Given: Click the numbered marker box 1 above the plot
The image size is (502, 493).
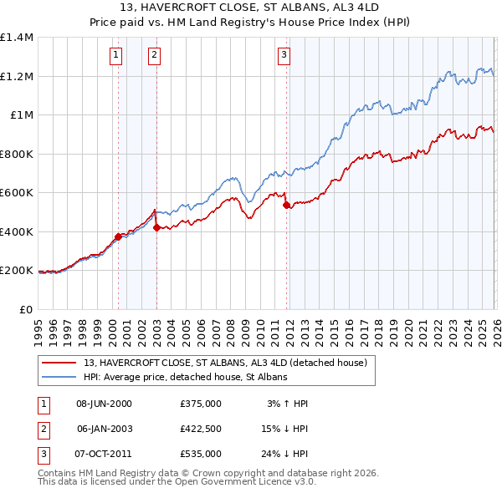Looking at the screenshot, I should (115, 55).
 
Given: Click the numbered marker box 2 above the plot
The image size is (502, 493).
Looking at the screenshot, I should (155, 55).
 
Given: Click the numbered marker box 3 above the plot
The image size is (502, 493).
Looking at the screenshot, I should (284, 55).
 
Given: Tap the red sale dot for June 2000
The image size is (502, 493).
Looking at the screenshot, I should (118, 236).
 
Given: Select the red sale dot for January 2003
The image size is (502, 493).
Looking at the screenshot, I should (156, 227).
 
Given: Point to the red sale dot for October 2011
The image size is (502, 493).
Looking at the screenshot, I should (286, 205).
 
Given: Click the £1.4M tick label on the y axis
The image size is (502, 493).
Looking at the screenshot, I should (17, 38).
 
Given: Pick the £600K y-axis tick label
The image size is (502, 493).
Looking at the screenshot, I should (17, 193).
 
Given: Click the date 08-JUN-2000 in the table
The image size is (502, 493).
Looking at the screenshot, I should (105, 404).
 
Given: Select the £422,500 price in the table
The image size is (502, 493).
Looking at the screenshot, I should (200, 429).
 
